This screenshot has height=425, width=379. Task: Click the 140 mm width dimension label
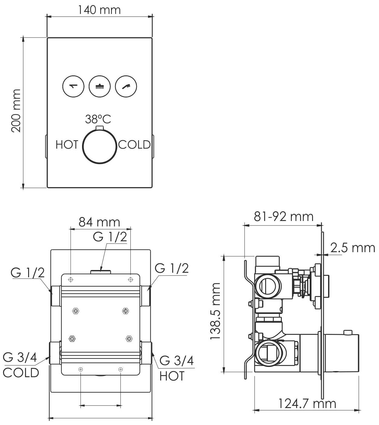click(x=99, y=10)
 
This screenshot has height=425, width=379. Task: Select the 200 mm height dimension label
click(x=16, y=110)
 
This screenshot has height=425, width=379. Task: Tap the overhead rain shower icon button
click(x=100, y=86)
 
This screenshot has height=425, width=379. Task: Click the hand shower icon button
click(x=126, y=86)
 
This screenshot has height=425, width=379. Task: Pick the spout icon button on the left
click(x=74, y=86)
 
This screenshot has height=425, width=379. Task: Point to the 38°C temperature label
click(x=98, y=119)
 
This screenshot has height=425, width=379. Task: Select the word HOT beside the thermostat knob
click(x=67, y=145)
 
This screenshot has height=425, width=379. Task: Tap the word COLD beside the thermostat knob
click(x=134, y=145)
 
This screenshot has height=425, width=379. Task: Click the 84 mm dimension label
click(x=99, y=222)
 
